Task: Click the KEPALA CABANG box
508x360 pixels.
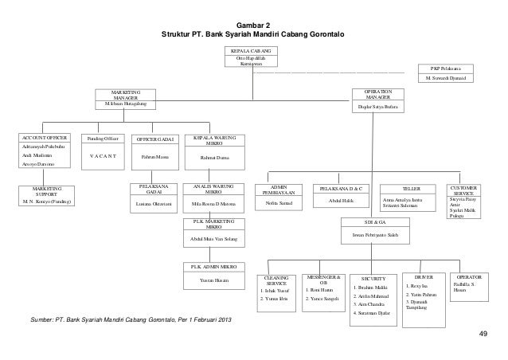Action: pos(253,57)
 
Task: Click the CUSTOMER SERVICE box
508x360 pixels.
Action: pos(463,199)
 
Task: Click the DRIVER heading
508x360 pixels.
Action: pos(424,276)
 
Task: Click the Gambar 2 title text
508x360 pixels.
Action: pos(253,25)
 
